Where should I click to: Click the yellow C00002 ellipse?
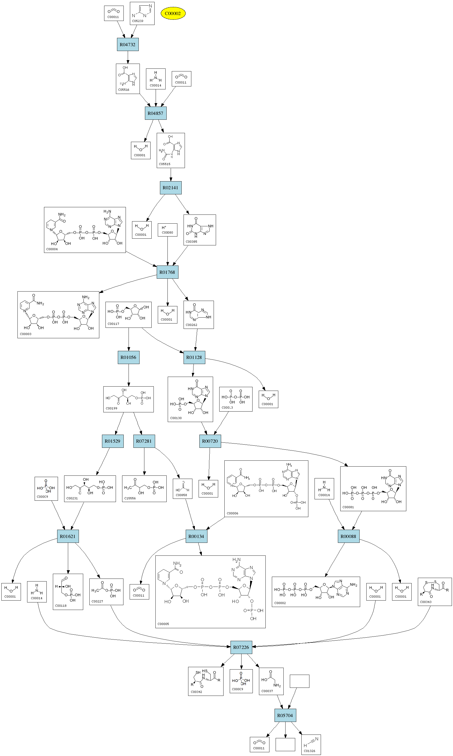[x=173, y=13]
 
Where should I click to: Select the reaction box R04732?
[x=127, y=45]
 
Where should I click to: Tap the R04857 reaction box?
[x=155, y=113]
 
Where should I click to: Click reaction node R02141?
[x=171, y=188]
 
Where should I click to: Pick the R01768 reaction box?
[x=167, y=272]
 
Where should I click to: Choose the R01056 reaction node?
[x=129, y=358]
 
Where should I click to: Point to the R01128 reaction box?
[x=194, y=358]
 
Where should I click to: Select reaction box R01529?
[x=113, y=441]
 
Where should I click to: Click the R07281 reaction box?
[x=144, y=441]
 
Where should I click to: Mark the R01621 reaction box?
[x=68, y=536]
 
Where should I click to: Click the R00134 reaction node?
[x=196, y=536]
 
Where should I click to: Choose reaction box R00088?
[x=348, y=536]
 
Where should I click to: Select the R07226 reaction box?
[x=241, y=647]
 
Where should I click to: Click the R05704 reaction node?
[x=285, y=715]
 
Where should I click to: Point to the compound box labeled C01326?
[x=311, y=744]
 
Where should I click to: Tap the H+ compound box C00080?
[x=167, y=230]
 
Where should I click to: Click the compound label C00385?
[x=191, y=242]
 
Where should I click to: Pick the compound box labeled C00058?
[x=182, y=489]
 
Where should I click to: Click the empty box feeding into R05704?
[x=299, y=681]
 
